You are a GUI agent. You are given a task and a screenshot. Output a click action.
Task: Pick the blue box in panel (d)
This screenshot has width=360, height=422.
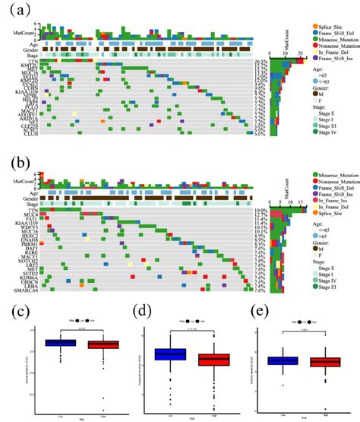169,354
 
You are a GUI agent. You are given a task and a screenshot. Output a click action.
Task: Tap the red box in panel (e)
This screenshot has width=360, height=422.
312,362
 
